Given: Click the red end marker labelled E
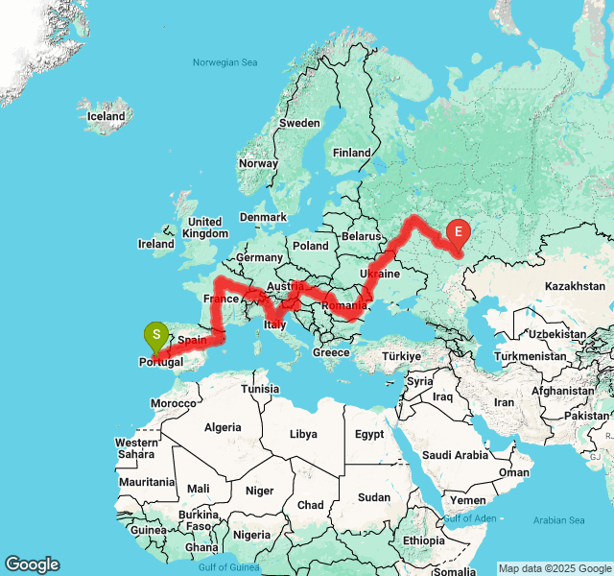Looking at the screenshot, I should click(459, 231).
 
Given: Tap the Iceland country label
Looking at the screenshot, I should click(106, 116).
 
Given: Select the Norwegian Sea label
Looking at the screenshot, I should click(225, 62).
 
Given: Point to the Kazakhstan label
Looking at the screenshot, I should click(572, 286).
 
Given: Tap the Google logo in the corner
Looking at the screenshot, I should click(32, 564).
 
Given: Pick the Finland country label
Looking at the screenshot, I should click(351, 153).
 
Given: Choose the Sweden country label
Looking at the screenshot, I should click(299, 123).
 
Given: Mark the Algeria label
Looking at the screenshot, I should click(223, 426).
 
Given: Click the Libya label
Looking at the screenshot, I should click(303, 434).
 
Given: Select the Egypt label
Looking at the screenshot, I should click(369, 434).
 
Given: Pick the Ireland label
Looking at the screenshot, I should click(156, 244).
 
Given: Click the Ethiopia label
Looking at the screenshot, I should click(423, 540).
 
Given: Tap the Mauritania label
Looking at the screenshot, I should click(147, 482).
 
